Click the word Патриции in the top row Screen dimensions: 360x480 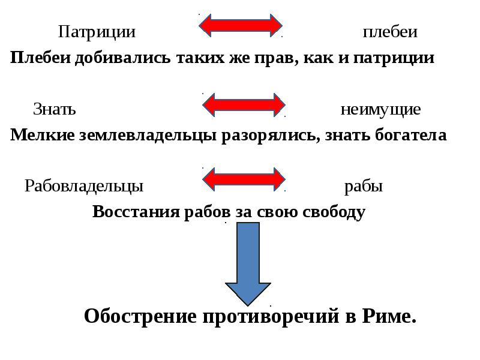(96, 32)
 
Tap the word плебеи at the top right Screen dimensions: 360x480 (389, 32)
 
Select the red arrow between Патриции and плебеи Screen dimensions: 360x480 (241, 26)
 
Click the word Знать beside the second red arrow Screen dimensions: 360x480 (54, 110)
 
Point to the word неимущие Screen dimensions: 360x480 (380, 110)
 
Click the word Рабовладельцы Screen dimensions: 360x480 (83, 187)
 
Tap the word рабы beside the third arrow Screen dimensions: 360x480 (364, 187)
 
